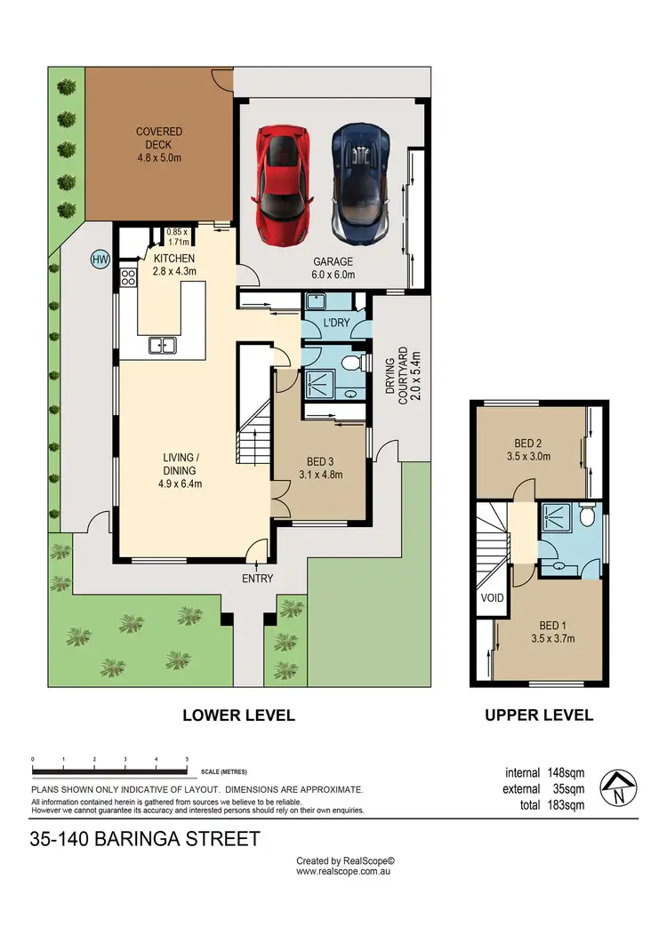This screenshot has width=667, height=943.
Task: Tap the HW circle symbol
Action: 100,260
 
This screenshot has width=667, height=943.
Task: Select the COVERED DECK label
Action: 159,145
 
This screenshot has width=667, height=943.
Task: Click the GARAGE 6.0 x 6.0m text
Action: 333,268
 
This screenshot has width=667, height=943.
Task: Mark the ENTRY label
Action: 257,579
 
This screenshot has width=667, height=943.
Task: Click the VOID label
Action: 492,598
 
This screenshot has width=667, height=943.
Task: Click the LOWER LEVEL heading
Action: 238,715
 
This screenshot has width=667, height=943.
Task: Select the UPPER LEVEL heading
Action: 538,715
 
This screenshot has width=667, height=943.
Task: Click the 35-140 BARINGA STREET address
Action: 146,838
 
